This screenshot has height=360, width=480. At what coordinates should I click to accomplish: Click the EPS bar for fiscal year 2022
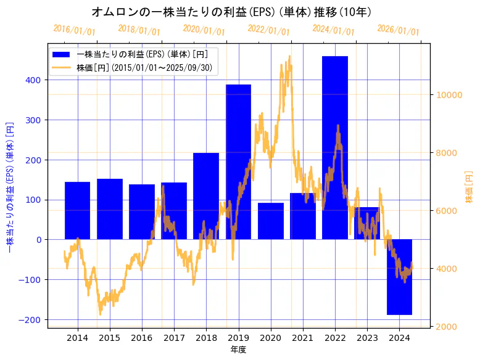[335, 148]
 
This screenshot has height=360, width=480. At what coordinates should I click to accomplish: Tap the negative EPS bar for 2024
[399, 277]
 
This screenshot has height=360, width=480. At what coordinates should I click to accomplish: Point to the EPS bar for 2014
[77, 210]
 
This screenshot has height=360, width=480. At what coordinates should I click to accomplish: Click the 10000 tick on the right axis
[450, 95]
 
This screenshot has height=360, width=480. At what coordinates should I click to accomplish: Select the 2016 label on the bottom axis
[142, 338]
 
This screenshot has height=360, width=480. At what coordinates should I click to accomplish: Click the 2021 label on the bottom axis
[303, 338]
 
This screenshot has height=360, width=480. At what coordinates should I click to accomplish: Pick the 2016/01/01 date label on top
[74, 30]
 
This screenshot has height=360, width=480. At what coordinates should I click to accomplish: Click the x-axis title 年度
[238, 350]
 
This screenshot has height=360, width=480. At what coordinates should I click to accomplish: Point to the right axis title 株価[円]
[470, 188]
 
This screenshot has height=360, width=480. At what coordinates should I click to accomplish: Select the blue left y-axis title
[10, 188]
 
